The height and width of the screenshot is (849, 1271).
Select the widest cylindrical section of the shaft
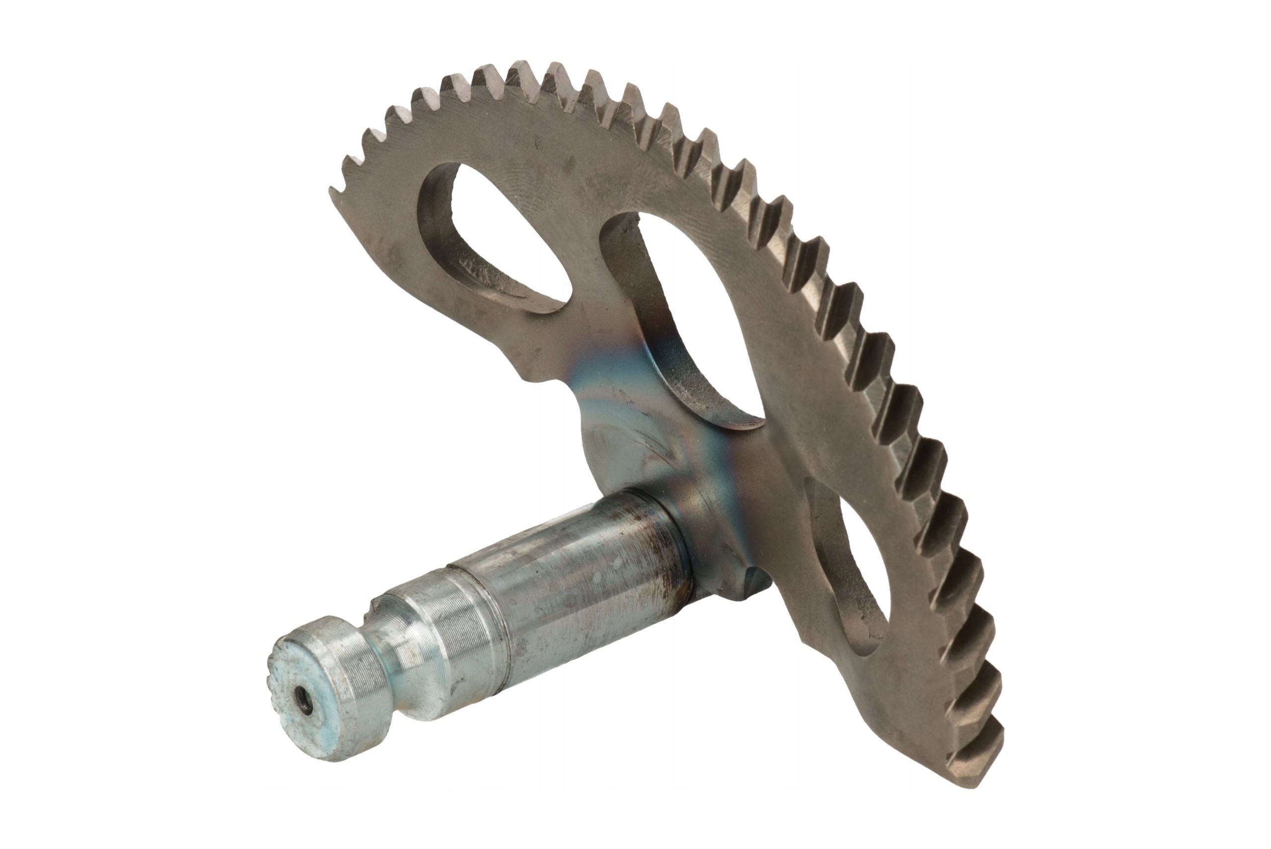[x=584, y=585]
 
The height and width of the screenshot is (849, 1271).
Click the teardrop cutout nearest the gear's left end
[x=503, y=238]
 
